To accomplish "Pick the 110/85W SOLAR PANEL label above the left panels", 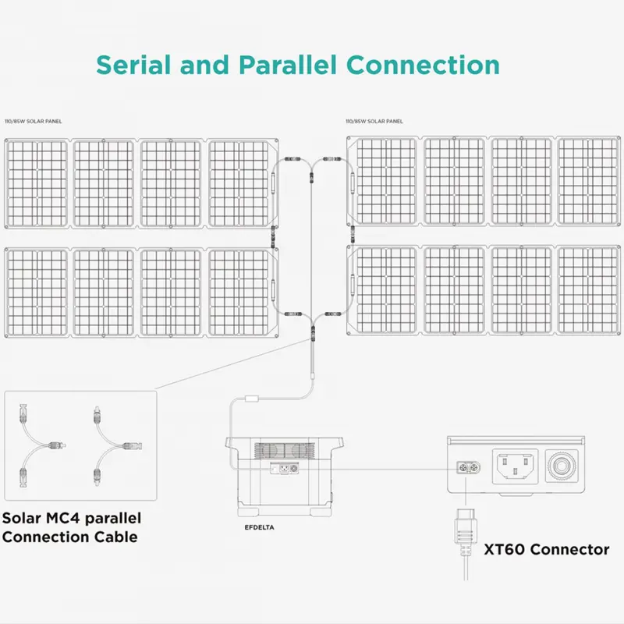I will pos(33,122).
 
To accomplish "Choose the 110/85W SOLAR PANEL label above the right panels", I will pos(374,122).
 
